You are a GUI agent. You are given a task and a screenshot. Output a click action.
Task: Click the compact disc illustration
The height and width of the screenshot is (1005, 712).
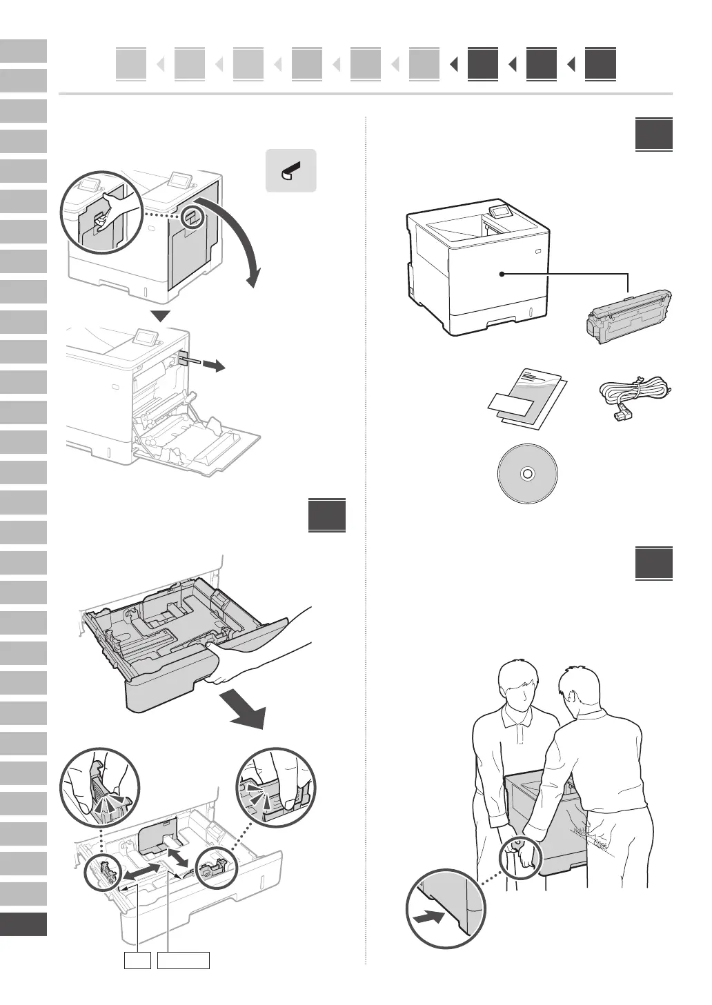(527, 474)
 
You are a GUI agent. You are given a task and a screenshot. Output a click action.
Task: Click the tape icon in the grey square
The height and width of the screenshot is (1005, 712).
(291, 170)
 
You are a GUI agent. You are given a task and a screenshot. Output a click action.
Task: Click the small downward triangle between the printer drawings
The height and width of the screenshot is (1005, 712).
(161, 317)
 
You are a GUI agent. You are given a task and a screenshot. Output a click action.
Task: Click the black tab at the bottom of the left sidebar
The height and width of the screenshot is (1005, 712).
(23, 924)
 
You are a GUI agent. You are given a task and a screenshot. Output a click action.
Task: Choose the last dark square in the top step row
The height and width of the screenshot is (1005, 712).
(600, 64)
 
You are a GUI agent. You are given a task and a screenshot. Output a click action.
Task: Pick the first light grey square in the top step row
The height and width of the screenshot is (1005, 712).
(131, 64)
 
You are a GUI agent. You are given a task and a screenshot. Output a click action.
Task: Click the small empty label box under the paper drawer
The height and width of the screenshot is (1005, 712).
(137, 960)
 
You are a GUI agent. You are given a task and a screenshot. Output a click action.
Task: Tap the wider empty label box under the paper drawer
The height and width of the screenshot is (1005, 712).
(184, 960)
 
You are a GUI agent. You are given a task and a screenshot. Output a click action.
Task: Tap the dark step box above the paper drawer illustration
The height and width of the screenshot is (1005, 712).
(327, 515)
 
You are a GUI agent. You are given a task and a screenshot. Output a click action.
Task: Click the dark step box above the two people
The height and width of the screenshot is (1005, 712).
(654, 564)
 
